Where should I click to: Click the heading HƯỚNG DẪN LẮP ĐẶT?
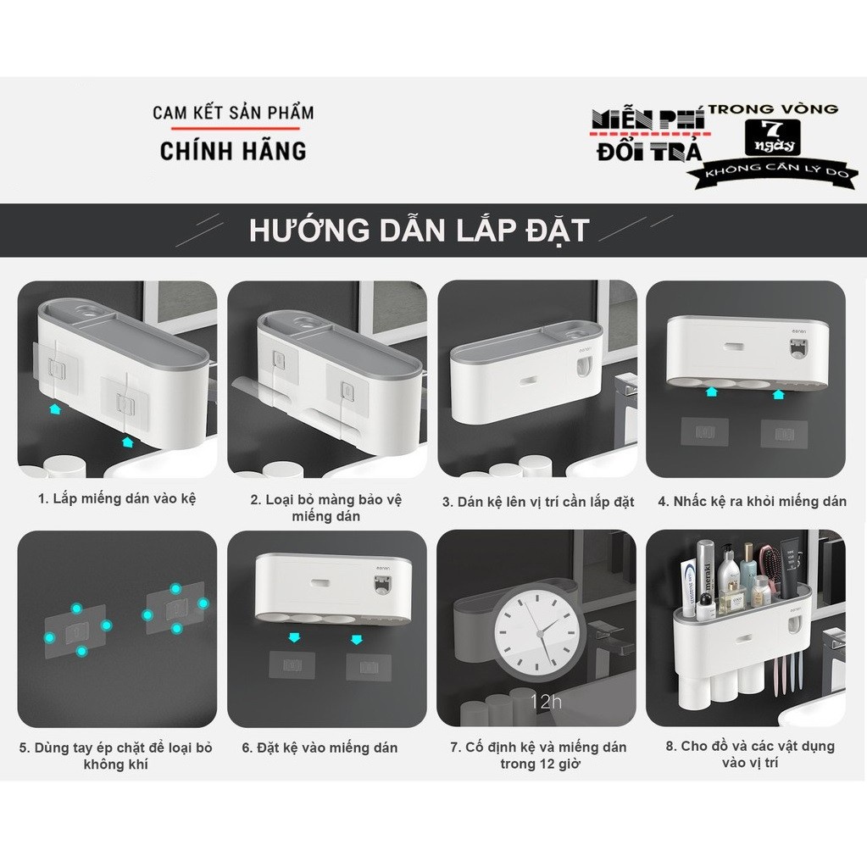(x=419, y=231)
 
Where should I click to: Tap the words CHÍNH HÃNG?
(x=233, y=151)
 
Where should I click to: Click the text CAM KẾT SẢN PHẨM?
(x=233, y=113)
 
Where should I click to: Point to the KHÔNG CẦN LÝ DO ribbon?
(x=771, y=172)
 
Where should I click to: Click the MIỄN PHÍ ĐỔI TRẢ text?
(x=648, y=136)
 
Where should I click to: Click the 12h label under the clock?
(x=545, y=701)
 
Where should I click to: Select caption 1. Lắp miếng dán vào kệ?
(x=117, y=499)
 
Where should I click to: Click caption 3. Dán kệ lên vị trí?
(x=538, y=502)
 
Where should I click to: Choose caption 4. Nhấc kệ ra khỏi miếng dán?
(x=752, y=501)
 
